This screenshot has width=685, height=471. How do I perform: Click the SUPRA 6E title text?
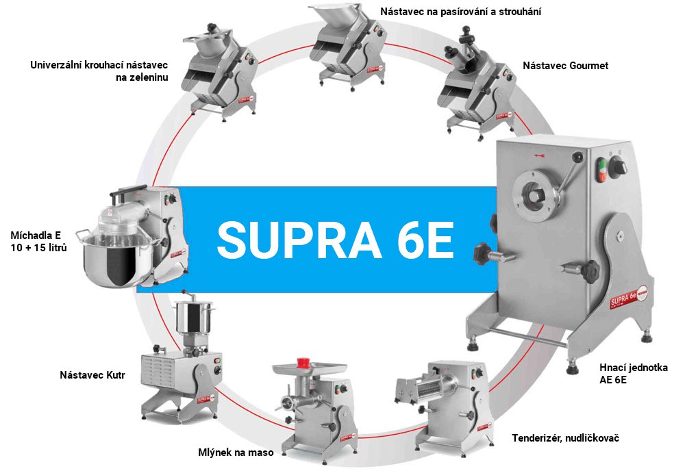pos(335,240)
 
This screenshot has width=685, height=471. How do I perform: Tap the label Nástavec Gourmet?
pos(565,66)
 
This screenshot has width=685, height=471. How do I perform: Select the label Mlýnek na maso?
pos(236,453)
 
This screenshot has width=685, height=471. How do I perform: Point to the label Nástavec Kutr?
pos(92,375)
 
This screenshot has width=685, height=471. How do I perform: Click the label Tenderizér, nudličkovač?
pos(566,438)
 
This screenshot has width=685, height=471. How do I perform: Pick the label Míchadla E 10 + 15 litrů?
pos(39,242)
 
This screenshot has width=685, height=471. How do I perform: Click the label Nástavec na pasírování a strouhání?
pos(460,12)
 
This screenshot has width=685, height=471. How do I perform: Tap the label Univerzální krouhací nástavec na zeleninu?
pos(99,71)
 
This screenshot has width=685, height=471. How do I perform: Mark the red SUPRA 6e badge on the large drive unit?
pos(629,297)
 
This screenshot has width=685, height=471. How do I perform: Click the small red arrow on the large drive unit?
pos(540,155)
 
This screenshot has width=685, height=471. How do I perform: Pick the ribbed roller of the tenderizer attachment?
pos(429,388)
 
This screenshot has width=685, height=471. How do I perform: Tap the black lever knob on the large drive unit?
pos(577,156)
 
